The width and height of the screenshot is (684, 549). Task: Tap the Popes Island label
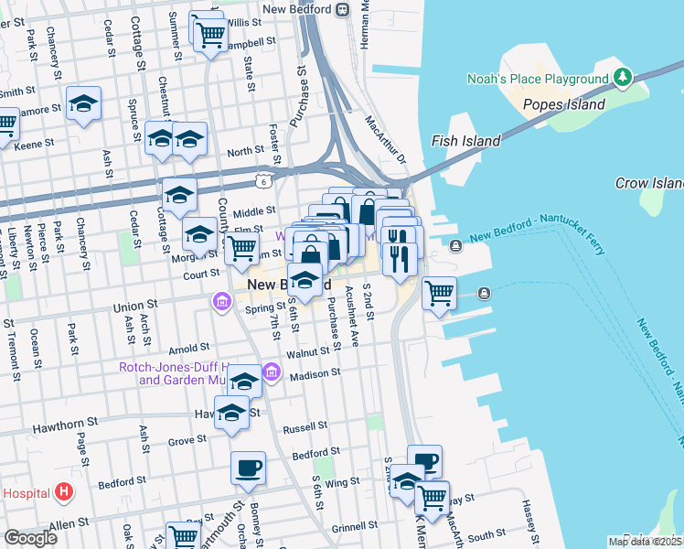(563, 104)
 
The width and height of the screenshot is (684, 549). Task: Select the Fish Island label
(465, 141)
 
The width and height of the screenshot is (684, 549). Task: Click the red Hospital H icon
(63, 492)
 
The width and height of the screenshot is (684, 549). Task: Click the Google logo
(30, 538)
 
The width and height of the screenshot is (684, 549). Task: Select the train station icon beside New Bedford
(342, 10)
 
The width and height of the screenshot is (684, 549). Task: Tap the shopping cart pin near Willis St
(211, 36)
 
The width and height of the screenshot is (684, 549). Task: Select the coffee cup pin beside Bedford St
(248, 469)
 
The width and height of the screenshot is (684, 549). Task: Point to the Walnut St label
(307, 352)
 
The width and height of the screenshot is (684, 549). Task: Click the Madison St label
(315, 373)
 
